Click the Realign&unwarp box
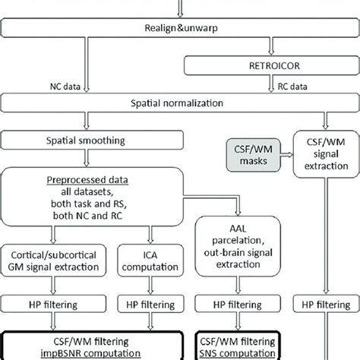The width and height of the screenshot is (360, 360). (180, 29)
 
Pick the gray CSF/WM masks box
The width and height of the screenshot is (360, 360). (250, 157)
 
